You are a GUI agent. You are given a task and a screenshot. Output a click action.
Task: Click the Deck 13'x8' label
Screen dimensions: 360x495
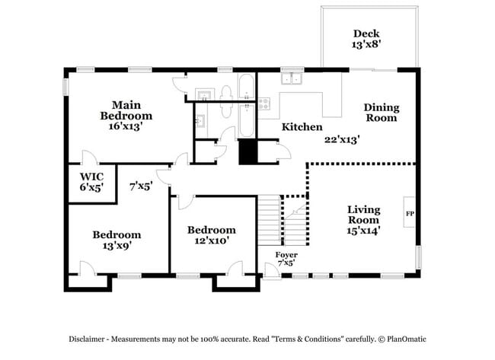[x=367, y=38]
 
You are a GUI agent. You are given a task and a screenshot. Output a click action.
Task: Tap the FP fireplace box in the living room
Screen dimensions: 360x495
[x=409, y=213]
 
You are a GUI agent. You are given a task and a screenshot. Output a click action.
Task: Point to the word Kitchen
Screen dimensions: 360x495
[x=302, y=127]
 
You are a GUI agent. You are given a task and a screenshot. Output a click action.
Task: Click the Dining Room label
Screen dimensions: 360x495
[x=381, y=113]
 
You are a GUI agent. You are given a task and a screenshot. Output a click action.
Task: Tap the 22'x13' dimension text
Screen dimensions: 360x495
[x=341, y=139]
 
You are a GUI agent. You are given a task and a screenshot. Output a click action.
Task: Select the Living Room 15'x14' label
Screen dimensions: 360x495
[x=363, y=219]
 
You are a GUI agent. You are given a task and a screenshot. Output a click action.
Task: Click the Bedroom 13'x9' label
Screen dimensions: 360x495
[x=117, y=241]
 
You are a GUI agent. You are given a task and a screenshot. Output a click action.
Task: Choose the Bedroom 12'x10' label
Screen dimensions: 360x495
[x=211, y=235]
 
